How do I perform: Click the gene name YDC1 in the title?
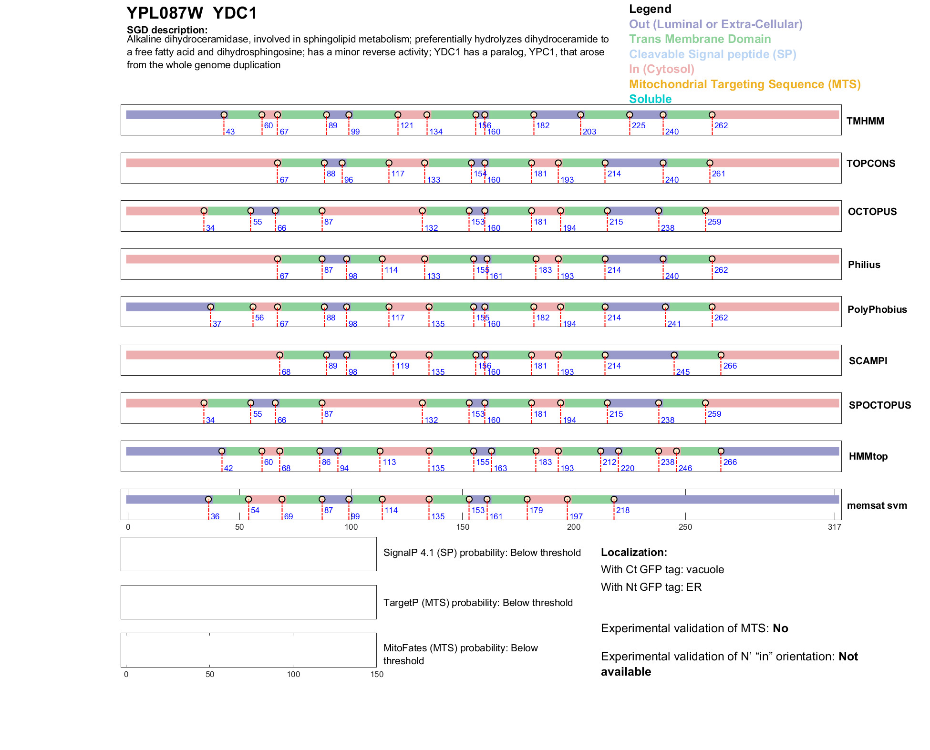click(235, 13)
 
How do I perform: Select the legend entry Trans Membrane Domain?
click(700, 39)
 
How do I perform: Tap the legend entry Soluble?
click(650, 99)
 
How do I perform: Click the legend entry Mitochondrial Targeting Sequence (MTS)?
click(744, 84)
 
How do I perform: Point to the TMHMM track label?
click(865, 121)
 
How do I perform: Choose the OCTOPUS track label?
click(872, 212)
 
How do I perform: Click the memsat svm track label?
click(877, 505)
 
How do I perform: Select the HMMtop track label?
click(868, 456)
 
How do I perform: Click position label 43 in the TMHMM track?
click(230, 132)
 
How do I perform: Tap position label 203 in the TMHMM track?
click(589, 132)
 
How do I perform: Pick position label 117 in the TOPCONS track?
click(398, 174)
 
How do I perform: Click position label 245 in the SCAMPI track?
click(683, 372)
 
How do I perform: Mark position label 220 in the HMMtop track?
click(628, 468)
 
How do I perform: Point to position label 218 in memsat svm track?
click(623, 510)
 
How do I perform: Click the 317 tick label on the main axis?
click(835, 527)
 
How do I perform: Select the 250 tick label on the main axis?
click(685, 527)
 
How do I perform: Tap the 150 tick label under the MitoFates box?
click(377, 674)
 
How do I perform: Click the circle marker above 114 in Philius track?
click(382, 259)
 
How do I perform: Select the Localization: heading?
click(634, 553)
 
